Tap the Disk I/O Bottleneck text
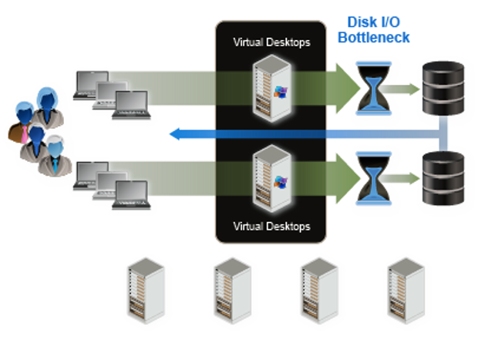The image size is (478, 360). [378, 30]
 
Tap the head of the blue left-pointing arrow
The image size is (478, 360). [176, 135]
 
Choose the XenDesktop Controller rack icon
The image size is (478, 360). [231, 297]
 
